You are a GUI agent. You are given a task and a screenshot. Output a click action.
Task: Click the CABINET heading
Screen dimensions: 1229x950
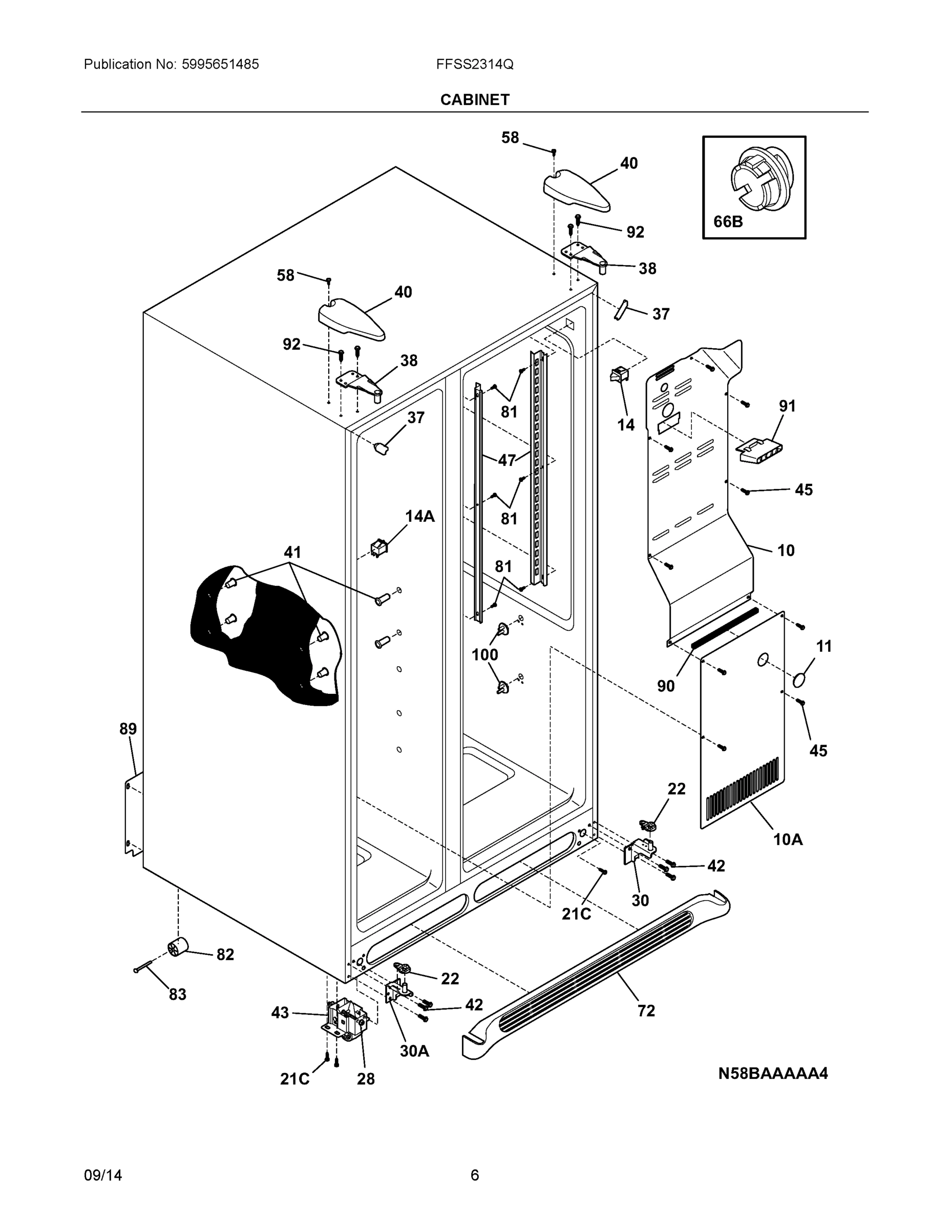coord(474,100)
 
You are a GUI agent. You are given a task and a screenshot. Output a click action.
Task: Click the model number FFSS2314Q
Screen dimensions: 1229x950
coord(474,64)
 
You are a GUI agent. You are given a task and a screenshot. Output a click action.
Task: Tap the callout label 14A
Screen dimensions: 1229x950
coord(420,517)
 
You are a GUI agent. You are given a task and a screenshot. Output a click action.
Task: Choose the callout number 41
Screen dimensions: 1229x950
coord(292,552)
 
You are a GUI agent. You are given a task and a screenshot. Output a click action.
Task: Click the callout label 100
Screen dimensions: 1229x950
coord(484,654)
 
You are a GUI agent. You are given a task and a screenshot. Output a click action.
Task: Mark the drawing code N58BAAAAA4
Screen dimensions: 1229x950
coord(773,1074)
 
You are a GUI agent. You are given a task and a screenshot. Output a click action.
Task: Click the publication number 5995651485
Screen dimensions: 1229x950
coord(220,64)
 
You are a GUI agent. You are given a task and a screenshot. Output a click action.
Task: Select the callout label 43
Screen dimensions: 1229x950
coord(280,1013)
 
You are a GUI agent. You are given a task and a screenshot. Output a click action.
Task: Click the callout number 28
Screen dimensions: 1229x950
coord(365,1079)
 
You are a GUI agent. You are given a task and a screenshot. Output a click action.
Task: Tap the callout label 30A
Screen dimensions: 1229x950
coord(414,1051)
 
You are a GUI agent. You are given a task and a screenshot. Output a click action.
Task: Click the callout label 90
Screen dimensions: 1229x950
coord(665,686)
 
